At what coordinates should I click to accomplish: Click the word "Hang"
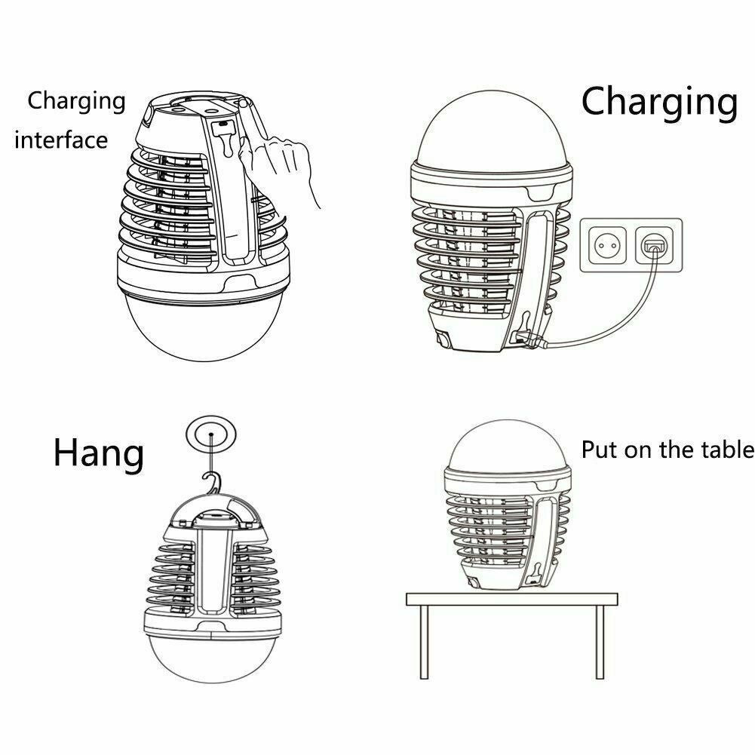(x=98, y=453)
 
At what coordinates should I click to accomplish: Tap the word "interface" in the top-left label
(x=61, y=140)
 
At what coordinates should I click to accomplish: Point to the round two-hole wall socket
(x=607, y=246)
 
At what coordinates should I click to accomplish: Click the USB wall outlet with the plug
(x=653, y=245)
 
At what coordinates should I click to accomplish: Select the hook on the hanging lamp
(x=213, y=483)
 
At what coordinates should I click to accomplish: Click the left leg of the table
(x=424, y=641)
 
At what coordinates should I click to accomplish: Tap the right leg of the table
(x=600, y=641)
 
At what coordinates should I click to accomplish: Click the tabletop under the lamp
(x=512, y=599)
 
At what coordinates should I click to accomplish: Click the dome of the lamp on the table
(x=507, y=446)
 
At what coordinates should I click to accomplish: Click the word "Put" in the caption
(x=600, y=450)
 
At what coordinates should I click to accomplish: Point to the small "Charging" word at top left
(x=77, y=102)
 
